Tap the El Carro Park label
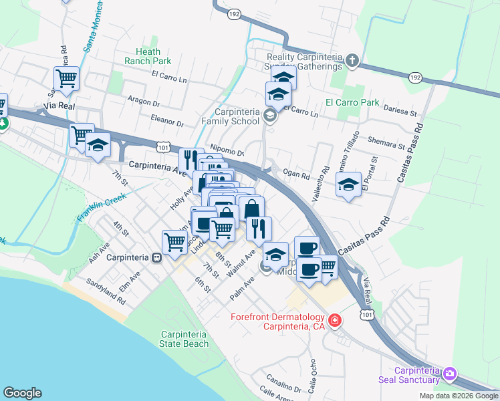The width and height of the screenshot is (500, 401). click(x=352, y=102)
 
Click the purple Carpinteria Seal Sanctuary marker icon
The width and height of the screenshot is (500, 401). click(x=450, y=373)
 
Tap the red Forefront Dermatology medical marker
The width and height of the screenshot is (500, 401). click(x=334, y=321)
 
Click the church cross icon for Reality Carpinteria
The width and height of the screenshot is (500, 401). click(x=352, y=61)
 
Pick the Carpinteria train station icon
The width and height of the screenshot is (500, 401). click(x=156, y=257)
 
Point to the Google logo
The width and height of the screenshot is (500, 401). click(x=22, y=393)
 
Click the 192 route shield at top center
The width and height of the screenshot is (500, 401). click(x=233, y=13)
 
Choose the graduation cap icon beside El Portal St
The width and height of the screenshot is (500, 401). click(x=348, y=184)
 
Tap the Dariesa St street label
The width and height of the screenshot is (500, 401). click(x=400, y=114)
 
